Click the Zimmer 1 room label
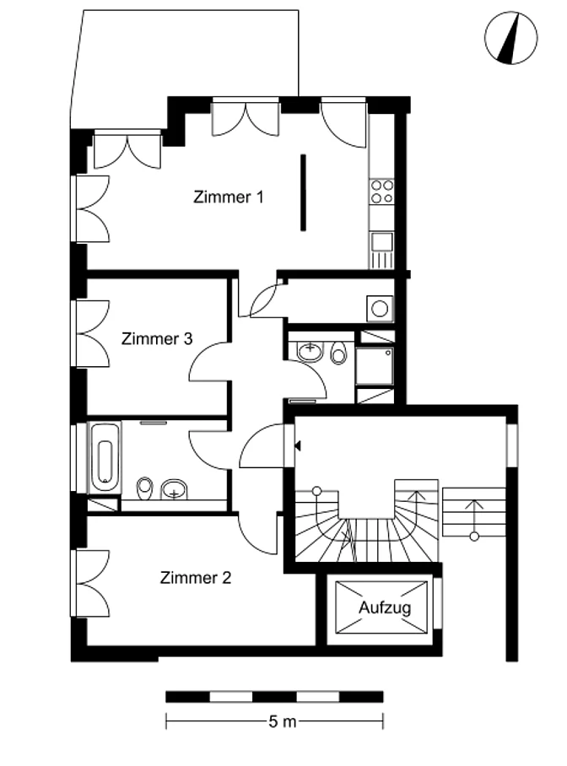click(x=229, y=197)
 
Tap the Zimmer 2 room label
click(x=195, y=577)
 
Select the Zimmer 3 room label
click(x=157, y=338)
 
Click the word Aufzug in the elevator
click(x=385, y=607)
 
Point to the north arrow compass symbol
click(x=510, y=38)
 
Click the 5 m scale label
click(x=282, y=721)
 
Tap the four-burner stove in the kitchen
click(x=381, y=191)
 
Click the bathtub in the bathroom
click(x=105, y=458)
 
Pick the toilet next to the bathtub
click(x=144, y=488)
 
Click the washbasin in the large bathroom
click(x=175, y=489)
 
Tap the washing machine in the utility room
click(x=380, y=308)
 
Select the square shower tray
click(x=375, y=366)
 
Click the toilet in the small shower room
click(x=338, y=353)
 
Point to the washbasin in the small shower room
click(x=310, y=351)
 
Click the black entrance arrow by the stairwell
click(x=298, y=445)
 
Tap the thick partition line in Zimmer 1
click(x=303, y=192)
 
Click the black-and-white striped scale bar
click(x=275, y=697)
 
